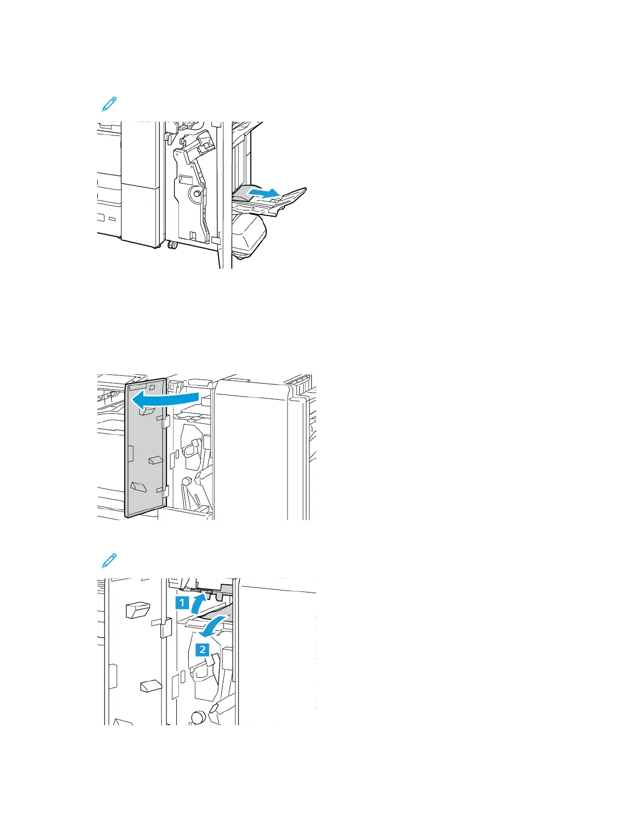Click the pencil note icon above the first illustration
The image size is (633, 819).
(109, 103)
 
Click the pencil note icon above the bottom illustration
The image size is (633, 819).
(109, 560)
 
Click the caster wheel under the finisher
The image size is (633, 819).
(172, 244)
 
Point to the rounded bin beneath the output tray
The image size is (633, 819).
(249, 235)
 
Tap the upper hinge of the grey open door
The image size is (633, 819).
(165, 422)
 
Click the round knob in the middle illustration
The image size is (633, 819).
(187, 481)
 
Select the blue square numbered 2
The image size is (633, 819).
(202, 649)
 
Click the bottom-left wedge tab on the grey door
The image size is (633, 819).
(139, 487)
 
